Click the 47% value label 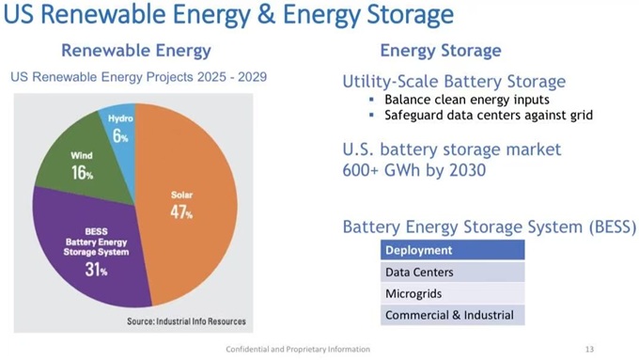pos(181,212)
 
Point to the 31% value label pos(96,270)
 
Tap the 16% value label pos(83,173)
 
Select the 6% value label pos(120,135)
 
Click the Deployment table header pos(452,250)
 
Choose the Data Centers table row pos(452,272)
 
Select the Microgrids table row pos(452,293)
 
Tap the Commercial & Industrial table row pos(452,315)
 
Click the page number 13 pos(589,349)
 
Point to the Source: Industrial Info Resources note pos(186,321)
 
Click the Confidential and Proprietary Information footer pos(298,350)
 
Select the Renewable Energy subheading pos(136,51)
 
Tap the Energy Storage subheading pos(441,51)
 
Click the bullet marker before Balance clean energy pos(371,100)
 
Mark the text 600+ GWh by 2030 pos(414,170)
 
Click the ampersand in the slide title pos(267,14)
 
